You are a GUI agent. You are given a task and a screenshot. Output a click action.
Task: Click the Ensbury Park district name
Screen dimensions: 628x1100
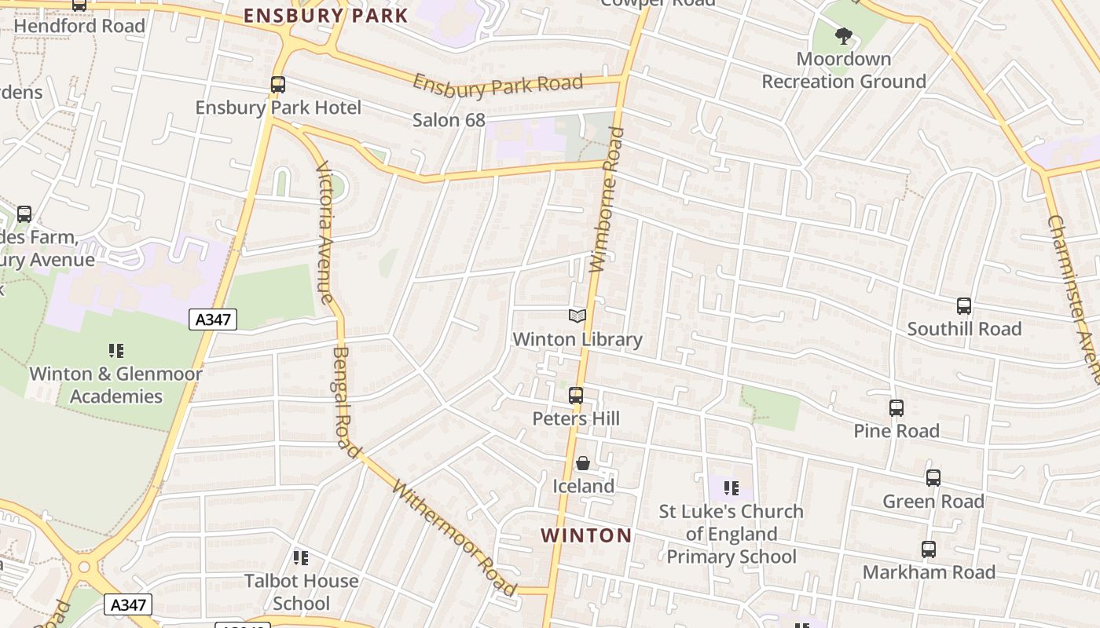click(x=325, y=16)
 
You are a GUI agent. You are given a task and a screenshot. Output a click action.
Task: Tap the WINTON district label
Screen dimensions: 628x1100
click(x=586, y=535)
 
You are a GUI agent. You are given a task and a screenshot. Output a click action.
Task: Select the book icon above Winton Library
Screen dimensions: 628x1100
click(x=577, y=316)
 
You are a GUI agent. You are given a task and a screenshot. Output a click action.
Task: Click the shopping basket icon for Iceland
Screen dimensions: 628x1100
click(x=583, y=463)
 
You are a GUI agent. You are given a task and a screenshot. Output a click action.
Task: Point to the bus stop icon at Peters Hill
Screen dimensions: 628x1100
click(x=576, y=396)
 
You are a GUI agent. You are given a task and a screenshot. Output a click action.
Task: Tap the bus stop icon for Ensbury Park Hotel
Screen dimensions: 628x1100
click(x=278, y=85)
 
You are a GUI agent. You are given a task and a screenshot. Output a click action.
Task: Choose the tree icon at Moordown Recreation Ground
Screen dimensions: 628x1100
click(x=844, y=36)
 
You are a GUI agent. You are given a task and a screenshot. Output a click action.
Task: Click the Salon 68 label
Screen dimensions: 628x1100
click(x=449, y=120)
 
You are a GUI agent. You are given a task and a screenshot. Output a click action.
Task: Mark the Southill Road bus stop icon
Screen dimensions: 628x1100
click(x=964, y=306)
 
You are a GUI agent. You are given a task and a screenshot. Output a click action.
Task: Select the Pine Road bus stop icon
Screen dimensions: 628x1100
click(x=896, y=408)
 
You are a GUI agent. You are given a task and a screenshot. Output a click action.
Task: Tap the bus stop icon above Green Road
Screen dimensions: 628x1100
click(x=933, y=478)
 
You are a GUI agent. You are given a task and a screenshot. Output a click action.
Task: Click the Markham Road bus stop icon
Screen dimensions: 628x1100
click(x=929, y=549)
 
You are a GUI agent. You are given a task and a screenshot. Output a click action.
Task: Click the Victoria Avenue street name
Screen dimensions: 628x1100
click(x=325, y=232)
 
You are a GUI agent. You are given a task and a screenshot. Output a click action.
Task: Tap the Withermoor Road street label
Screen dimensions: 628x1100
click(x=454, y=539)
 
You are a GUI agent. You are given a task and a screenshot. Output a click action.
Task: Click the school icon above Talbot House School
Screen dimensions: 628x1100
click(x=301, y=558)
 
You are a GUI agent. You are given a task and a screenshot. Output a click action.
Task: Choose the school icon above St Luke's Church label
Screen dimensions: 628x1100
click(x=731, y=488)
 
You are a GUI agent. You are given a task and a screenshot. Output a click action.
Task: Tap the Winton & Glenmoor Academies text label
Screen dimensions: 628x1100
click(x=115, y=385)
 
